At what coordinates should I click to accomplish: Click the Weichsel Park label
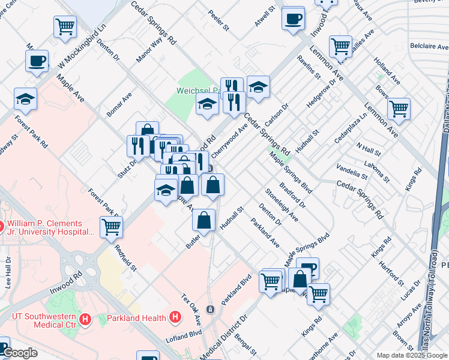(198, 91)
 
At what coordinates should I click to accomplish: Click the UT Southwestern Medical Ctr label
(44, 321)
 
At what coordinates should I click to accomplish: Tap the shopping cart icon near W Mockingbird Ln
(65, 26)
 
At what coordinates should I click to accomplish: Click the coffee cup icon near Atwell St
(293, 19)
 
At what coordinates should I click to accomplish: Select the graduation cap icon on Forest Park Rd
(26, 98)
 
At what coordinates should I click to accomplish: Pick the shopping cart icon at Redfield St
(112, 227)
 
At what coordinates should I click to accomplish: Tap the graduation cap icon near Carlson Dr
(258, 88)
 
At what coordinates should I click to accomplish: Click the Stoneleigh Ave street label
(282, 203)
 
